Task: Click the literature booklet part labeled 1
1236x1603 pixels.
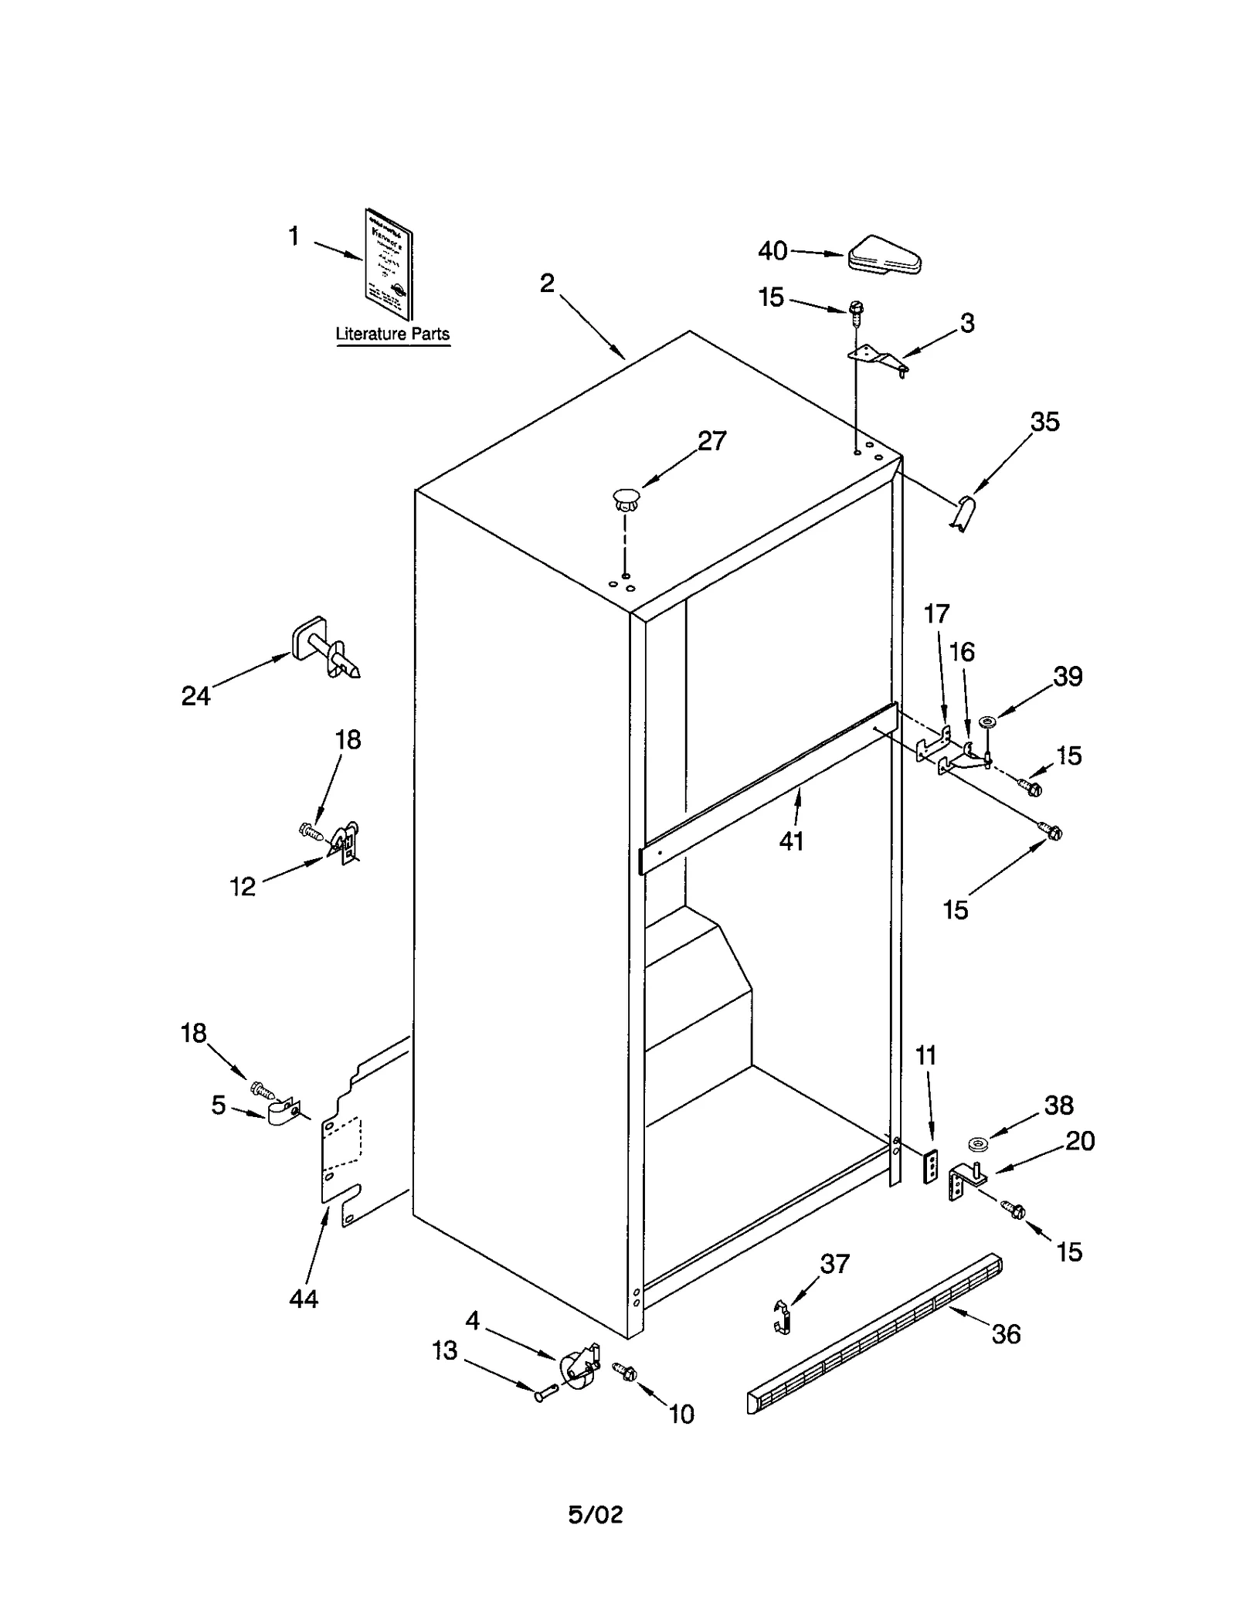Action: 389,264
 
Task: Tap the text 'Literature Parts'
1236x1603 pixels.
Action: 392,335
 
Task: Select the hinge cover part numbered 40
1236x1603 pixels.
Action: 885,256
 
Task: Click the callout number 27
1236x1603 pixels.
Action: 711,441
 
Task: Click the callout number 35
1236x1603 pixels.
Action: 1044,422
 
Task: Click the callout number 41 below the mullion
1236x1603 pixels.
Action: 791,841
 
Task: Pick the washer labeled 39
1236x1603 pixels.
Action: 987,722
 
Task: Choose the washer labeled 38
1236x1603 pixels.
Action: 978,1143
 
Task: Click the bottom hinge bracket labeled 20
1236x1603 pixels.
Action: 963,1180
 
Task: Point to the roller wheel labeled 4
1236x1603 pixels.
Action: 578,1369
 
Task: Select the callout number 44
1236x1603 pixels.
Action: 304,1299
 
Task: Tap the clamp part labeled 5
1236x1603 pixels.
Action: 283,1113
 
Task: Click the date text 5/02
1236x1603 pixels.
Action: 596,1515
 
